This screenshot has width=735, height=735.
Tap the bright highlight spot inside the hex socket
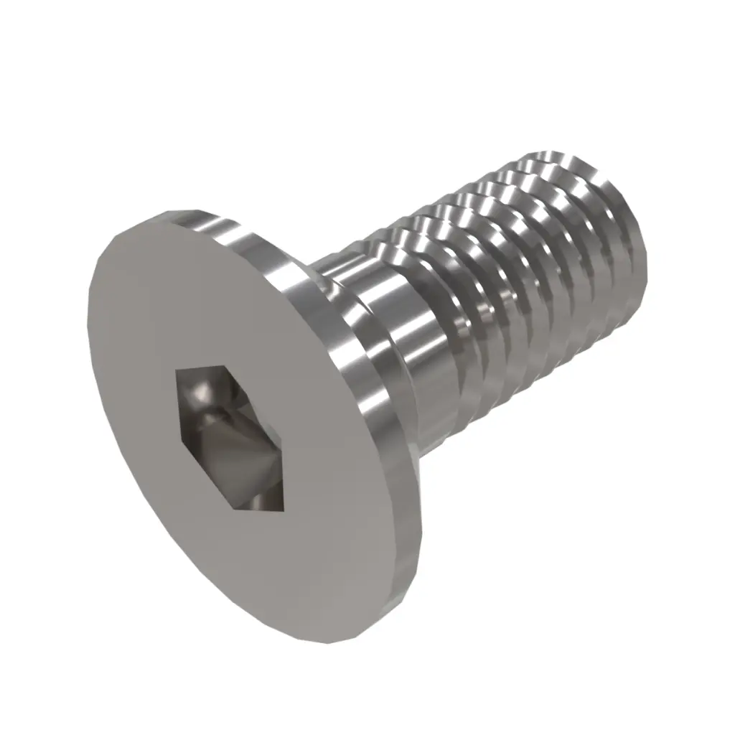197,394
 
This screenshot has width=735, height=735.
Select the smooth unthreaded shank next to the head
402,337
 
